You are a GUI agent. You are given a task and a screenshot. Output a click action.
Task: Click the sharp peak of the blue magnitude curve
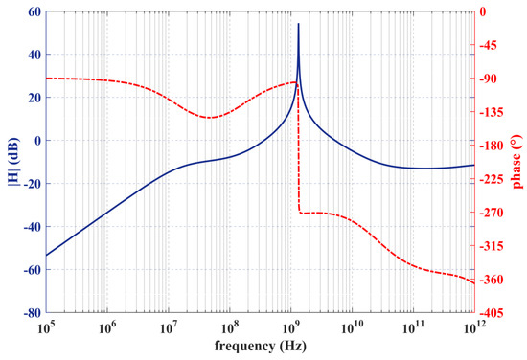coord(298,24)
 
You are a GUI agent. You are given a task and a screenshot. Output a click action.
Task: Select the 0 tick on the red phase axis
coord(486,11)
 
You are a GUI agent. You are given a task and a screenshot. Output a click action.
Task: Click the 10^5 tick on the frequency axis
coord(45,326)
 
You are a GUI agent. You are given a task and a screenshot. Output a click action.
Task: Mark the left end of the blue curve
coord(45,256)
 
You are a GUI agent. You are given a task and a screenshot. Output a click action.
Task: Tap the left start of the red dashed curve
coord(45,78)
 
